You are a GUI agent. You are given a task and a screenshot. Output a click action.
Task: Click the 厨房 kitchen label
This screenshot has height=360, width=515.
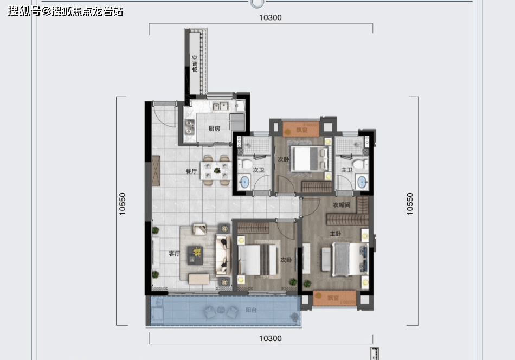pos(214,128)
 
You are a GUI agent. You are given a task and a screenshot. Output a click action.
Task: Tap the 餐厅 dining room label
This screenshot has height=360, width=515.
pos(191,171)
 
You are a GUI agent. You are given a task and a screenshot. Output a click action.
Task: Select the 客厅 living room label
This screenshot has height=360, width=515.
pos(174,253)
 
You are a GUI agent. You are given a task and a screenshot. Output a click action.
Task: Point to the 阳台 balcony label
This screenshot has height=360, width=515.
pos(251,310)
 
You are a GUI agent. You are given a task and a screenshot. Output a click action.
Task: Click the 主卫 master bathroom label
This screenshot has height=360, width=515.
pos(347,170)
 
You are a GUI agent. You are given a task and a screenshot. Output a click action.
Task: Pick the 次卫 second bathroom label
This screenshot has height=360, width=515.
pos(259,170)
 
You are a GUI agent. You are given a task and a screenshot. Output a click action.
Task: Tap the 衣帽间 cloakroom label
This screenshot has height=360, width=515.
pos(342,205)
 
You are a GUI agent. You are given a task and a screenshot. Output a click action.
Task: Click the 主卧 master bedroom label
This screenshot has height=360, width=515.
pos(336,234)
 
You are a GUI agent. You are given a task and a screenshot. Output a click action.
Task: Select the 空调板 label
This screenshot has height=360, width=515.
pos(195,63)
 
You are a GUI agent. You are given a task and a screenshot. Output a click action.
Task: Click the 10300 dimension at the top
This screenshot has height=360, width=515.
pos(271,18)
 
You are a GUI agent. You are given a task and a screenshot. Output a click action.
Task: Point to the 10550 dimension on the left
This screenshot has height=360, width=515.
pos(122,204)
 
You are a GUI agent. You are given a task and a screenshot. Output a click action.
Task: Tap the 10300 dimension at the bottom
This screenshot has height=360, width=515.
pos(271,338)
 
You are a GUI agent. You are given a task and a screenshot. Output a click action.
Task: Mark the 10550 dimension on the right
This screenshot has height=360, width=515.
pos(410,204)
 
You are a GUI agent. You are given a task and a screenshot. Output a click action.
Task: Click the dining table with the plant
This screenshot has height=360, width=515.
pos(216,170)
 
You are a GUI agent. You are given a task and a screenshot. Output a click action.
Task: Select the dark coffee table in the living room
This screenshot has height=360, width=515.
pos(195,255)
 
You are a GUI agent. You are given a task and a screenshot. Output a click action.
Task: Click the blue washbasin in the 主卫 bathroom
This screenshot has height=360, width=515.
pos(362,182)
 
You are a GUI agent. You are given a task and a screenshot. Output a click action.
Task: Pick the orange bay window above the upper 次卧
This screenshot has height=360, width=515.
pos(301,129)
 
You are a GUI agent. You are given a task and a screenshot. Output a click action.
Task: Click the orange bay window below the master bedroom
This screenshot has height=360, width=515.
pos(334,298)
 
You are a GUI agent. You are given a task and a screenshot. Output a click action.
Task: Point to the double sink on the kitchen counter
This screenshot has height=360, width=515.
pos(221,106)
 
